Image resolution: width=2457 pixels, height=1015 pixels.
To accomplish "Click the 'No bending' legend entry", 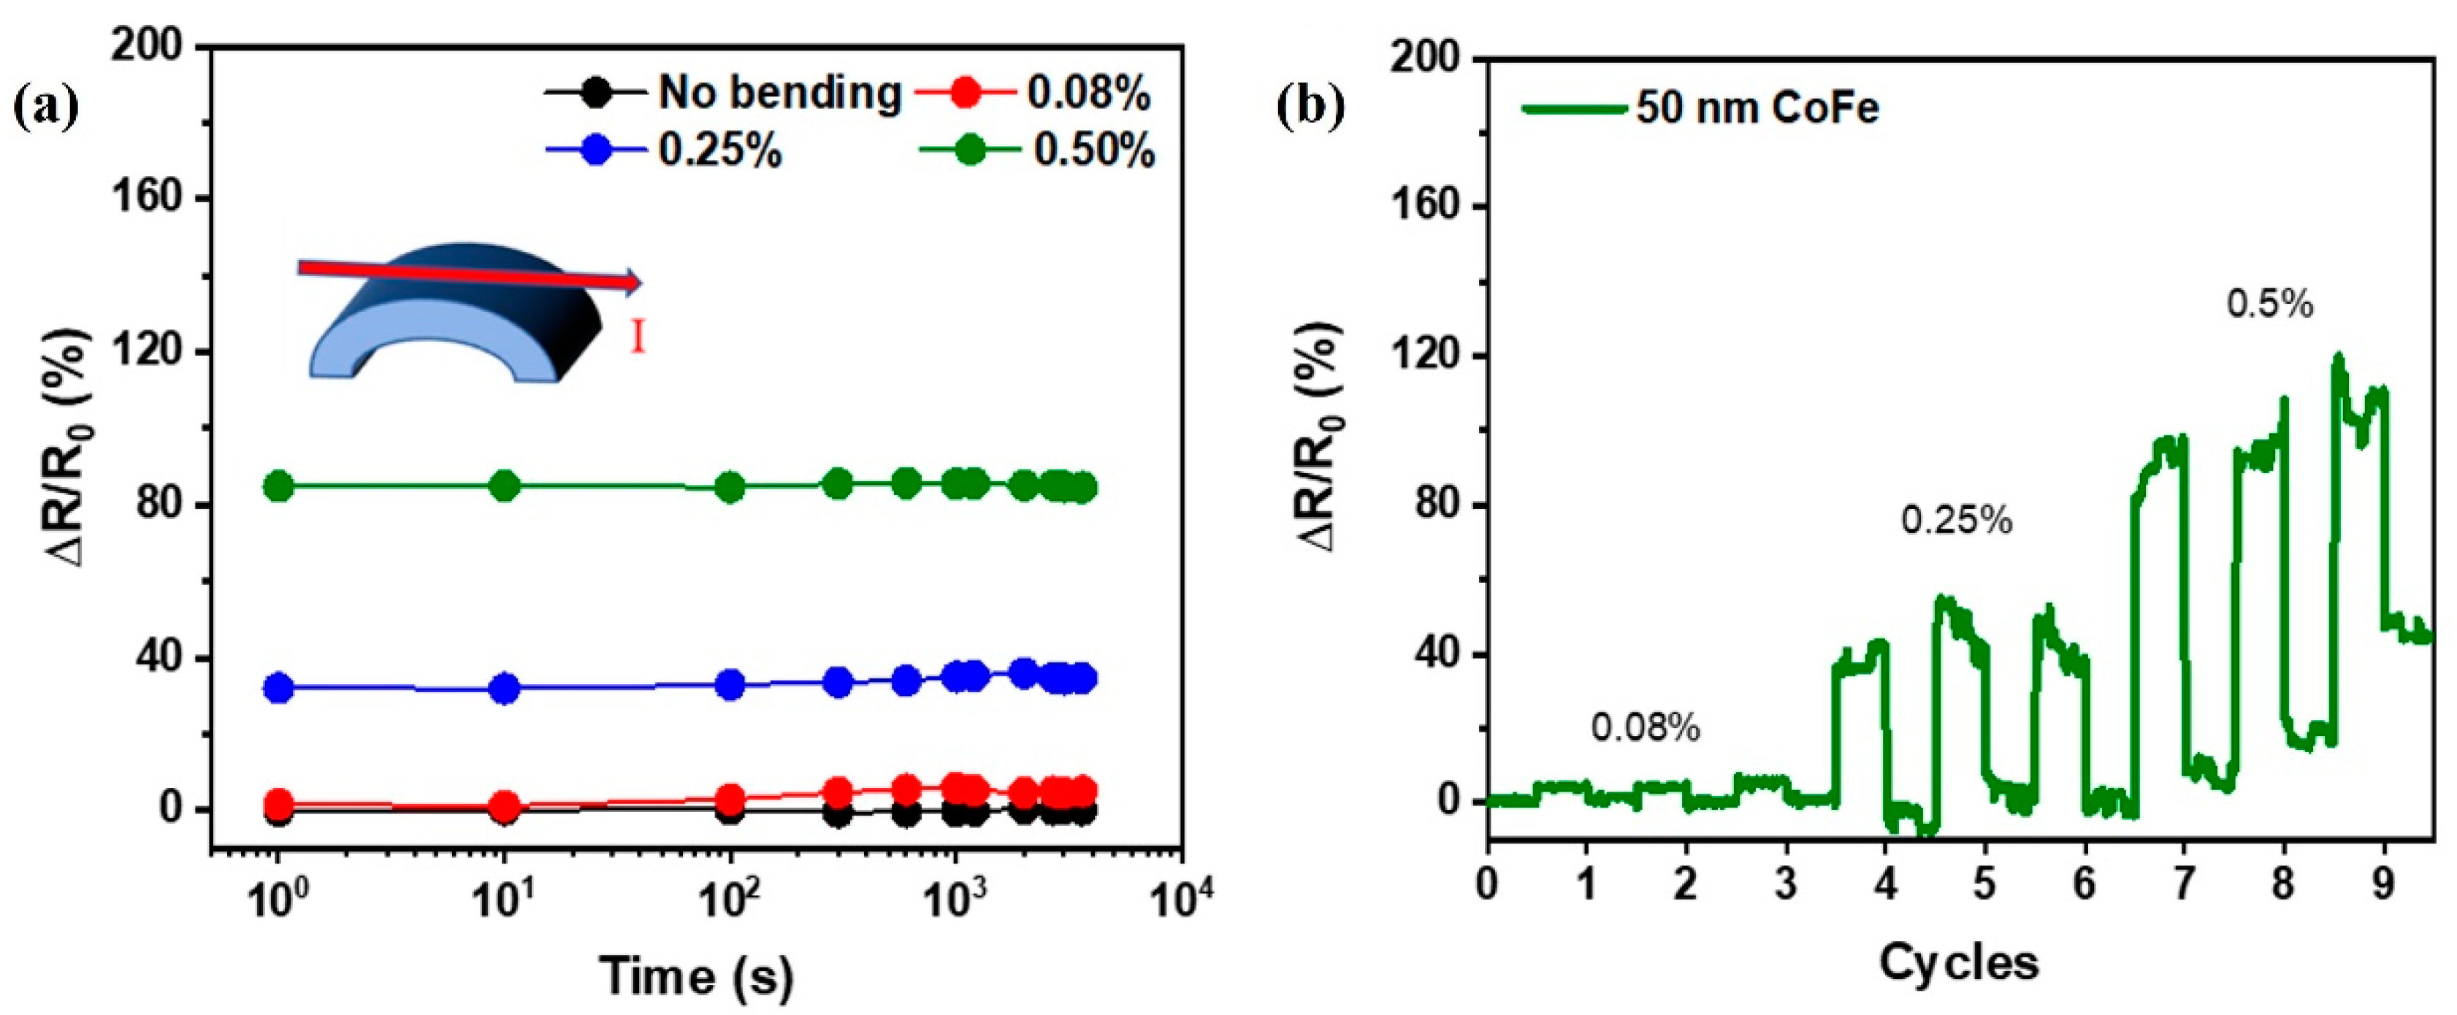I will [777, 93].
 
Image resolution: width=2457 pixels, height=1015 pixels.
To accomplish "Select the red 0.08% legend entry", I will [1088, 93].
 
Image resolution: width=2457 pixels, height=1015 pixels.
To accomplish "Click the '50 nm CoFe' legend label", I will [1757, 108].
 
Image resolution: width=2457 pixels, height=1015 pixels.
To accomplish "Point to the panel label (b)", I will [1310, 107].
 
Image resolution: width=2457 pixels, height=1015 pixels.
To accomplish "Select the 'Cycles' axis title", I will [1958, 963].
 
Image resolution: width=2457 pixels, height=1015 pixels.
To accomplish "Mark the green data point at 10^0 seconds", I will [278, 486].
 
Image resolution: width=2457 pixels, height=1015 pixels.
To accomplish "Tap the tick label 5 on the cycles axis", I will [1985, 885].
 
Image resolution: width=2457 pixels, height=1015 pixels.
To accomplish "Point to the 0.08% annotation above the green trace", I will [1646, 728].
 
